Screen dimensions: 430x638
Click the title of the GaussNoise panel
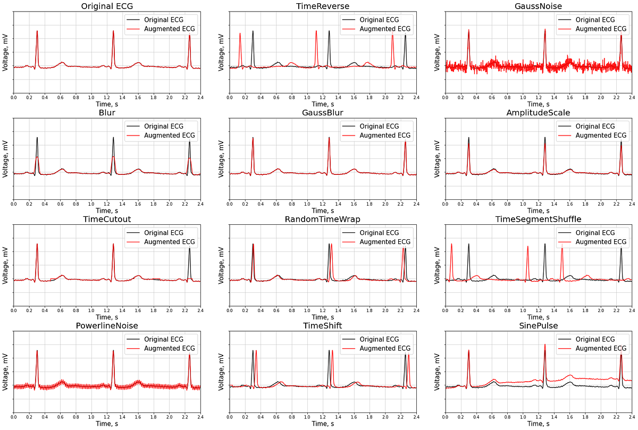pos(538,6)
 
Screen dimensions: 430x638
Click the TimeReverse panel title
pos(323,6)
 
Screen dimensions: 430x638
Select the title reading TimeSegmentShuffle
pos(538,219)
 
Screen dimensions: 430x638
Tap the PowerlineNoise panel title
pos(107,325)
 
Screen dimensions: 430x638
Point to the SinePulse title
pos(538,325)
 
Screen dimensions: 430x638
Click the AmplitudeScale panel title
pos(538,113)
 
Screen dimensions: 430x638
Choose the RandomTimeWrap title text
pos(323,219)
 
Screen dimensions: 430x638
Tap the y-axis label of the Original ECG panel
pos(5,53)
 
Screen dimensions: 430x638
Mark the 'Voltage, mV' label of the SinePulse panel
pos(437,372)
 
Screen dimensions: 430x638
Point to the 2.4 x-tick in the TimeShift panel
pos(416,417)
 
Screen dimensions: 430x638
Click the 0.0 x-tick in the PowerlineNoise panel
pos(14,417)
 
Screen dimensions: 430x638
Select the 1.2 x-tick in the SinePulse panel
pos(539,417)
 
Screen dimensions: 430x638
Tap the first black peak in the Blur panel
pos(37,138)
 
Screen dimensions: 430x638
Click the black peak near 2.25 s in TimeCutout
pos(189,249)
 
